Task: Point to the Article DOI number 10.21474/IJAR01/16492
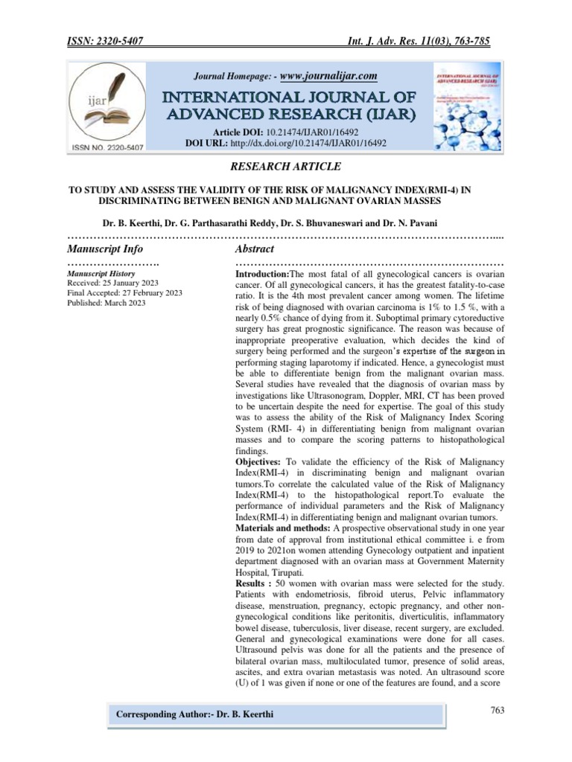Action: (328, 130)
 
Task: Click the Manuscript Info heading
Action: (105, 249)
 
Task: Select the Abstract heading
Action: (254, 249)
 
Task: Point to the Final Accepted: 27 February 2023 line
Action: (124, 293)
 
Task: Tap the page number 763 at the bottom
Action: (498, 710)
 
